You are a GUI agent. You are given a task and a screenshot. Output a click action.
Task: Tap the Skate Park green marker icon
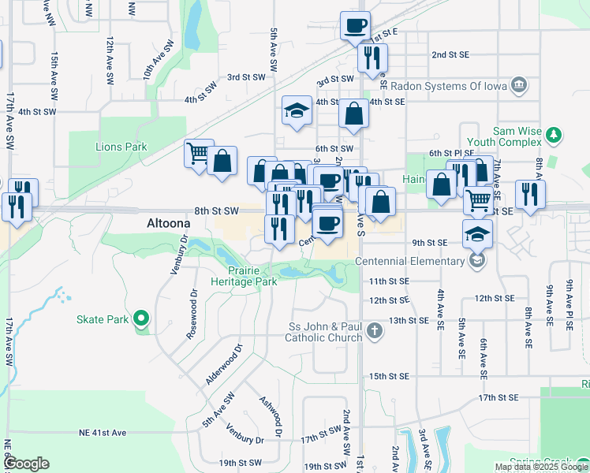(141, 319)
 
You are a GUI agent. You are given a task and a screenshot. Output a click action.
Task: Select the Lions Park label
(121, 147)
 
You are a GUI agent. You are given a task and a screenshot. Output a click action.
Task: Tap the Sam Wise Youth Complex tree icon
(554, 136)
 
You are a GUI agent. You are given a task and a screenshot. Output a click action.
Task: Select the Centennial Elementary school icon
(476, 259)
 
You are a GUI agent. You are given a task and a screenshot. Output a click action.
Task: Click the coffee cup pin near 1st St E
(355, 25)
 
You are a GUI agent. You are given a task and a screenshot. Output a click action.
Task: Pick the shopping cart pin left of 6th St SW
(199, 151)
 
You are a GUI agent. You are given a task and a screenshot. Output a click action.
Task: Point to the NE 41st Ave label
(102, 433)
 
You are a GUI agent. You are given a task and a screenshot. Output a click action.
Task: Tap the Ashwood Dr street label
(269, 416)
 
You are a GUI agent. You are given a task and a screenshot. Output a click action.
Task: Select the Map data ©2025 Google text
(540, 467)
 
